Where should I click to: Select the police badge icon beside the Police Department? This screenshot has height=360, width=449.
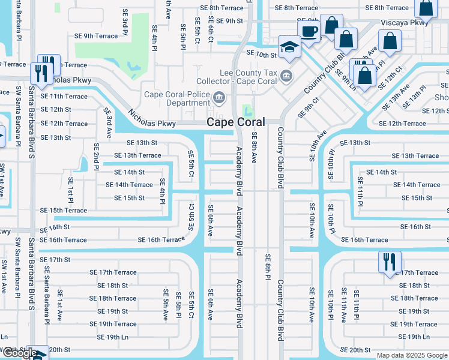[219, 97]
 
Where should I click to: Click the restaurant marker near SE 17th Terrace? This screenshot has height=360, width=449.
[389, 262]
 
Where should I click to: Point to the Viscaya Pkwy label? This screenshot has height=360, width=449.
[414, 22]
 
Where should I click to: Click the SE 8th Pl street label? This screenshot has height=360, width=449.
[268, 266]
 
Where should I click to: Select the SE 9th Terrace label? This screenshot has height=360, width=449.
[96, 36]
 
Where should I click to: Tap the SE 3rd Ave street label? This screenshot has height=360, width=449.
[107, 122]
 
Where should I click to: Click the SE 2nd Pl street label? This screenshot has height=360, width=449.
[95, 157]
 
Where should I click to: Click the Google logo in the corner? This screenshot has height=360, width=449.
[19, 353]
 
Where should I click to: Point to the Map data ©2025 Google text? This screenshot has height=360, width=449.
[411, 355]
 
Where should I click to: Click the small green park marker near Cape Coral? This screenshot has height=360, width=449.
[247, 111]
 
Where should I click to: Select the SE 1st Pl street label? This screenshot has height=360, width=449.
[70, 189]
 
